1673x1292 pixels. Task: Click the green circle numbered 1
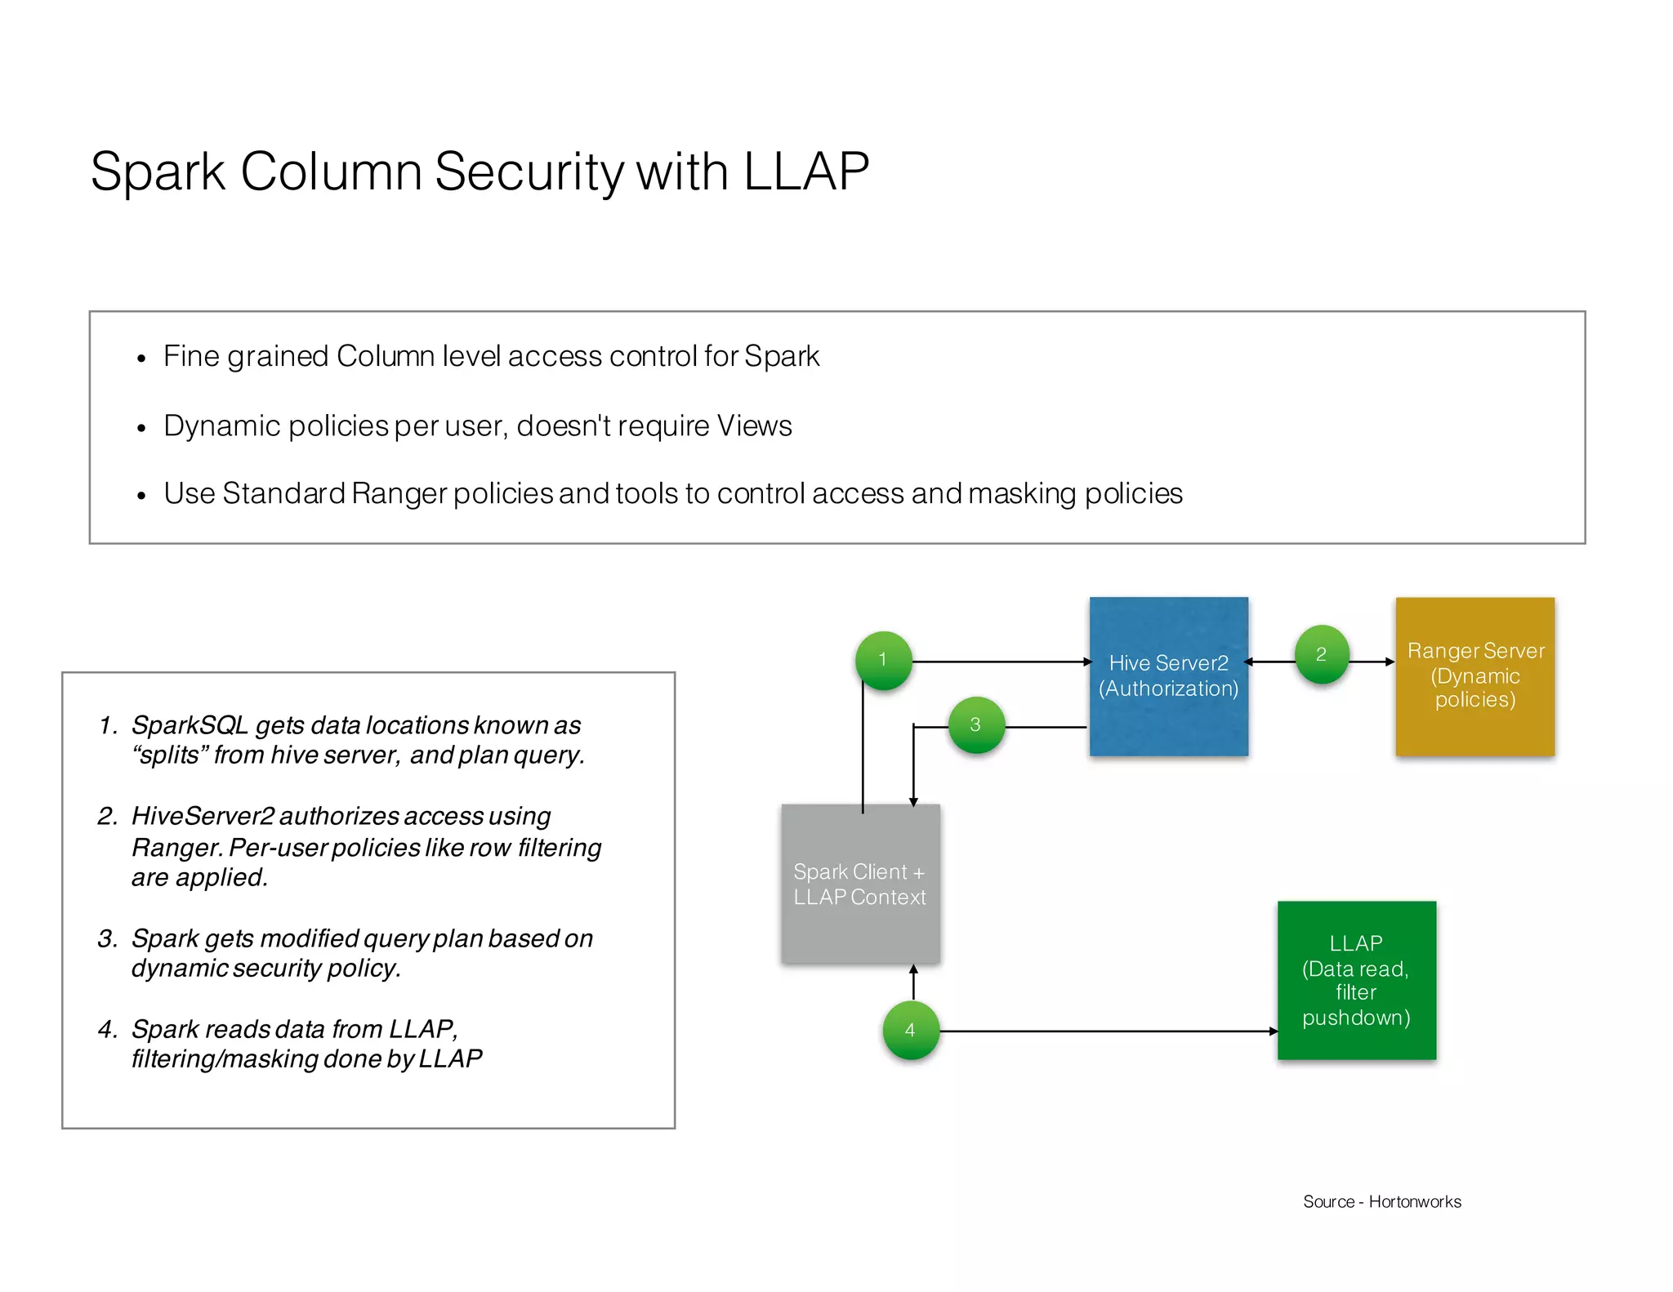point(883,660)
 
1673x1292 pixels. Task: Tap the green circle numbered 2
point(1322,654)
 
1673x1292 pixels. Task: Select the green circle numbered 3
point(975,724)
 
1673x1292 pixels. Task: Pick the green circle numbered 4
point(911,1030)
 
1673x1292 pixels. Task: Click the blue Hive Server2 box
point(1168,676)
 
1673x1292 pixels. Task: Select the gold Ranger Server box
point(1474,676)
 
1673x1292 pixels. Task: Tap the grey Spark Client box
point(860,884)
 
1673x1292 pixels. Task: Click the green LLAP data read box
point(1356,980)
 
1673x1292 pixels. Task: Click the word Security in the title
point(529,172)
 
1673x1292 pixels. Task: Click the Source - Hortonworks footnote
point(1381,1201)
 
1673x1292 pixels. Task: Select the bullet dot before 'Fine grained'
point(141,359)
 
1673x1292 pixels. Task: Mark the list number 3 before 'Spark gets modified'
point(107,938)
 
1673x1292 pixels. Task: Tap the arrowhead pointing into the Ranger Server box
point(1390,662)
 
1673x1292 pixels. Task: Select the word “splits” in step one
point(169,755)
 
